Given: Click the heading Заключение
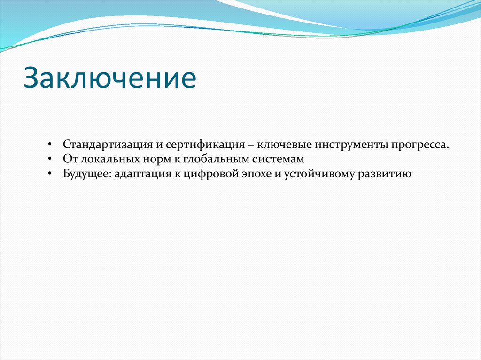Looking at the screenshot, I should pos(110,77).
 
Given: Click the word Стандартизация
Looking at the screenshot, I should pos(107,144).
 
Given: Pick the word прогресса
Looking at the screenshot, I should pos(420,144).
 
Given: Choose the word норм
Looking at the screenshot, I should pos(142,159).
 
